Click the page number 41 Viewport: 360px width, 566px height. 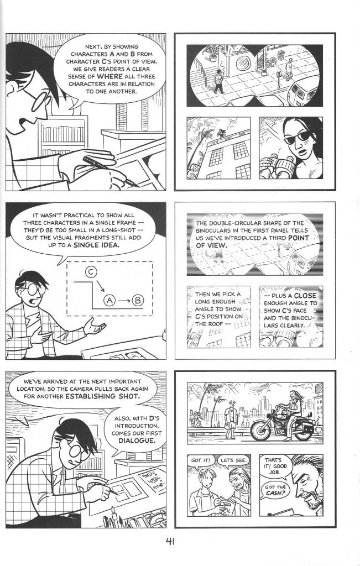pos(170,542)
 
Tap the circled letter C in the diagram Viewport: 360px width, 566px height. pos(91,272)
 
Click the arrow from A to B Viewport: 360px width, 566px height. pos(123,300)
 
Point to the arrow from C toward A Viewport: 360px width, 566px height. pos(101,286)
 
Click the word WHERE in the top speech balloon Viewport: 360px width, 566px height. pos(109,76)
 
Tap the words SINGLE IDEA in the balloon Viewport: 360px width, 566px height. pos(96,245)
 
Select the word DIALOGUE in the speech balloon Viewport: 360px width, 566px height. pos(137,441)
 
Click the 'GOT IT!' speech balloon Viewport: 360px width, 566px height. pos(201,460)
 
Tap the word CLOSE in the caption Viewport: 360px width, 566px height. pos(305,295)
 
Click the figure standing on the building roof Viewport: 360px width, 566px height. pos(221,133)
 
